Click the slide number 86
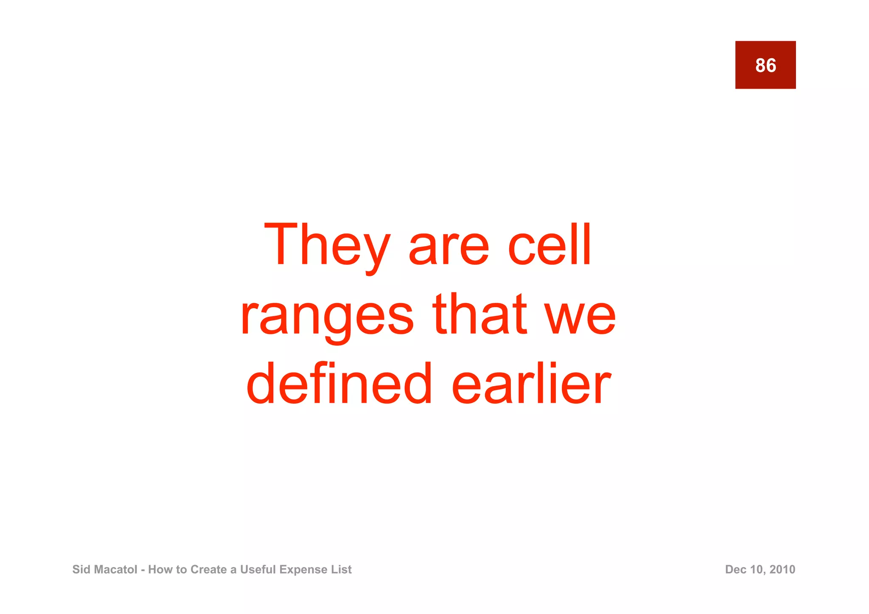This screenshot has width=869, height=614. (765, 65)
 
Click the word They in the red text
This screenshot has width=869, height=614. (326, 246)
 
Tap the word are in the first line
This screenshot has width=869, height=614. (449, 250)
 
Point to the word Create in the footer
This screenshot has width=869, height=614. (209, 569)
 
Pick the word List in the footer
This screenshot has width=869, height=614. (341, 569)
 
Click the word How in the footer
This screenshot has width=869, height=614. (158, 569)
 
